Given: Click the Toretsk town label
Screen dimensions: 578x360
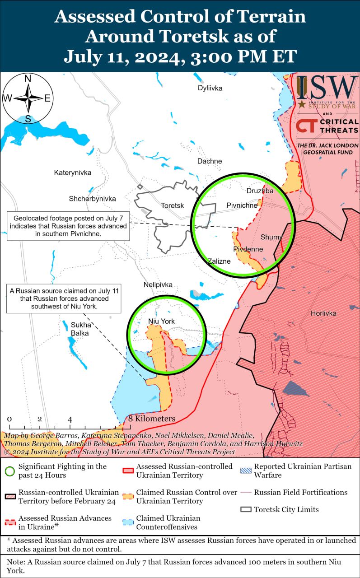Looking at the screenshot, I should [173, 205].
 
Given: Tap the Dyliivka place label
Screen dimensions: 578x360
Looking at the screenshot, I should [210, 88].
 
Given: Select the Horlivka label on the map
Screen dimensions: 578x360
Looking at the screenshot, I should [323, 313].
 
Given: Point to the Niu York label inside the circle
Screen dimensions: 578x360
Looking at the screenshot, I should [161, 321].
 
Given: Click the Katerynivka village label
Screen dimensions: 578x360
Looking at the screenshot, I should [73, 172].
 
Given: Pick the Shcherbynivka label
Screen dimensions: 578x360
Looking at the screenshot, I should [92, 199].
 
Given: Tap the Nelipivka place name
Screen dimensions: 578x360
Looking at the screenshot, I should [158, 285].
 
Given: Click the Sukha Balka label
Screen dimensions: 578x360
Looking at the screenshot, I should [79, 329].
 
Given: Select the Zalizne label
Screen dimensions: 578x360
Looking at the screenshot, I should [219, 261].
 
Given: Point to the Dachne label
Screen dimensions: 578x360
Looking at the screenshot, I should [210, 161].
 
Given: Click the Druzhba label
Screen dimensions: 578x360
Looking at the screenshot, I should [260, 191].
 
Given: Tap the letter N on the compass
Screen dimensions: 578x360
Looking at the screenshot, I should [28, 79].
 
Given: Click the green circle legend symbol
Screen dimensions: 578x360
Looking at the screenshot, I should [9, 471].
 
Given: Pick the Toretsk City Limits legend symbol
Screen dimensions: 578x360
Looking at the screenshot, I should [246, 509].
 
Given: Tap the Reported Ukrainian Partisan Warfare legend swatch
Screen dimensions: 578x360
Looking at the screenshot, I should [246, 471].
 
